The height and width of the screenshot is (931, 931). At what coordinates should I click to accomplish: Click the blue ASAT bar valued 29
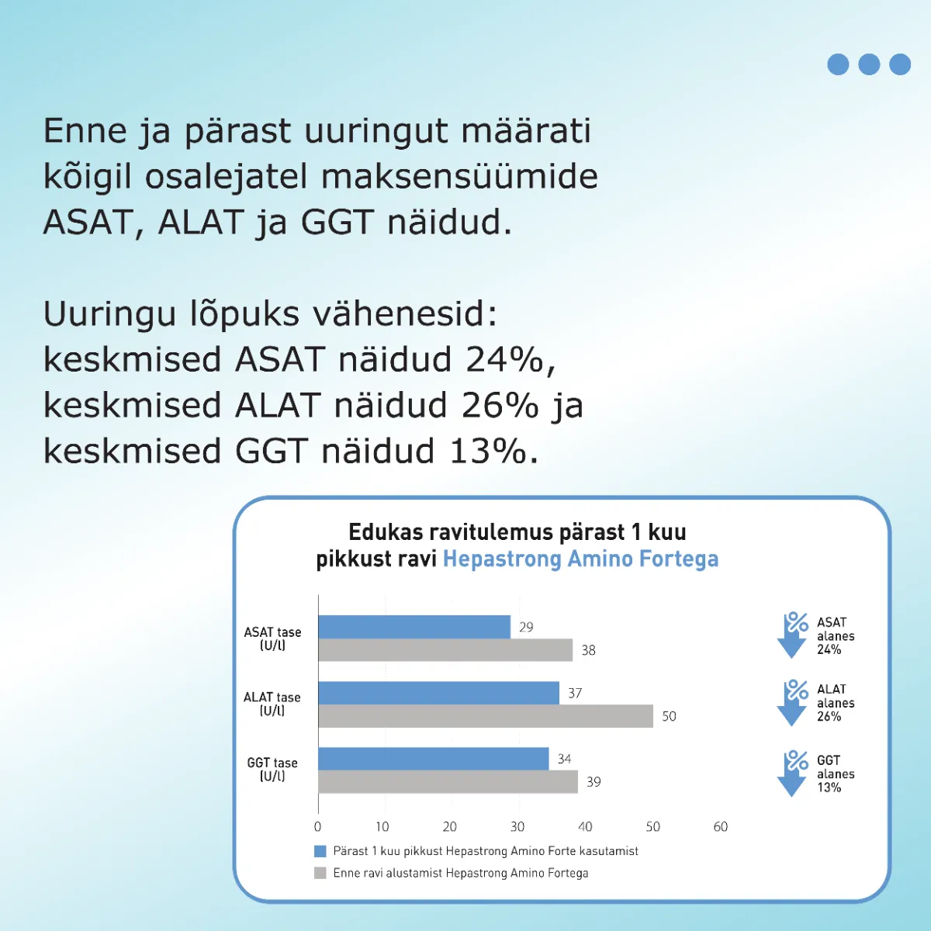[x=414, y=627]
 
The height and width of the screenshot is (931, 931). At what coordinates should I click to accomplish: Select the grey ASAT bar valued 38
[x=445, y=650]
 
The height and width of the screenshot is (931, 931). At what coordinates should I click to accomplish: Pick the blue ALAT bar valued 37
[x=438, y=693]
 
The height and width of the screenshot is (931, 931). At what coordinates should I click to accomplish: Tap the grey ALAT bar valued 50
[x=486, y=716]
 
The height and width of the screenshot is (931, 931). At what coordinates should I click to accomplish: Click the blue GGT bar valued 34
[x=434, y=759]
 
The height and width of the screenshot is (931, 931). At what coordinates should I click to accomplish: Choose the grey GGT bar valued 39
[x=448, y=782]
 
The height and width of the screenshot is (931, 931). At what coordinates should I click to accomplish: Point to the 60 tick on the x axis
[x=720, y=826]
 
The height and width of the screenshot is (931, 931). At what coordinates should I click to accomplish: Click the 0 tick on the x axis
[x=317, y=826]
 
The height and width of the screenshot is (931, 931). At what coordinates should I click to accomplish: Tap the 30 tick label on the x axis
[x=517, y=826]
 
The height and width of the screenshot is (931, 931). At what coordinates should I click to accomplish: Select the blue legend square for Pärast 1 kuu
[x=320, y=851]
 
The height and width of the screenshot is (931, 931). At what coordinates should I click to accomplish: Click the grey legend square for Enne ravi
[x=320, y=873]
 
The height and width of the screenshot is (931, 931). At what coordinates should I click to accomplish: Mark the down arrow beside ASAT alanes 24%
[x=792, y=635]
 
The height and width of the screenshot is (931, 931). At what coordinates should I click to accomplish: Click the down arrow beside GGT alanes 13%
[x=792, y=773]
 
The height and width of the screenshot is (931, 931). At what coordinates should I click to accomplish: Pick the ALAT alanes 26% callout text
[x=836, y=702]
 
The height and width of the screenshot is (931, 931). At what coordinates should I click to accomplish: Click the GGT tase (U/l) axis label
[x=272, y=769]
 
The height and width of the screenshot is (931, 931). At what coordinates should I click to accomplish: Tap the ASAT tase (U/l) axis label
[x=272, y=639]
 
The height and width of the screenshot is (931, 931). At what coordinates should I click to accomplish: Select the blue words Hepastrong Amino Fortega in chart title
[x=581, y=559]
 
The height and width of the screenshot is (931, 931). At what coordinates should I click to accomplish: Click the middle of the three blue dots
[x=869, y=64]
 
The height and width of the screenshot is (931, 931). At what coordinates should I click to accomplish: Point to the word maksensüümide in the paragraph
[x=459, y=176]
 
